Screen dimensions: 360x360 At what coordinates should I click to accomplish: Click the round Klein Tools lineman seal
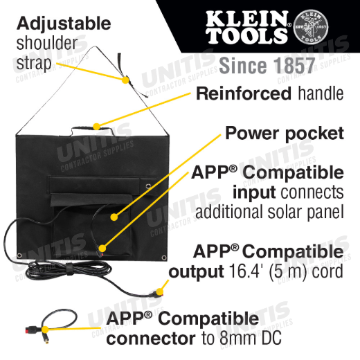point(311,27)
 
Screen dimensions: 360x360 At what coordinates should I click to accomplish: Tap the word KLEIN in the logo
point(247,19)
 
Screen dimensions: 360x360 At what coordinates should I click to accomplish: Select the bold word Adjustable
point(64,24)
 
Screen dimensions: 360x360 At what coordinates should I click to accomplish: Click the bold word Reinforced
point(244,93)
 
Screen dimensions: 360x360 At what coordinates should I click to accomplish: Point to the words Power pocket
point(285,134)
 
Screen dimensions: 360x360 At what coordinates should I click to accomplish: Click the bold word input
point(254,192)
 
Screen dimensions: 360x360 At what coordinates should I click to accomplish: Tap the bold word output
point(196,272)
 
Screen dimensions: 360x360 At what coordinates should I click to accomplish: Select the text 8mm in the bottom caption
point(237,338)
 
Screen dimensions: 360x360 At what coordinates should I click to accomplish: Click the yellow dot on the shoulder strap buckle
point(125,80)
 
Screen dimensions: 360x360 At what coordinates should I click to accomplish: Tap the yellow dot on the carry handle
point(97,127)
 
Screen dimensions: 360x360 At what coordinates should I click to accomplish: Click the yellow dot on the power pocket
point(114,217)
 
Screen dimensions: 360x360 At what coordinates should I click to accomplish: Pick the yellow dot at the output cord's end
point(159,291)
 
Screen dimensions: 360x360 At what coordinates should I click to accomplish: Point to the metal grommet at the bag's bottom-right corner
point(164,258)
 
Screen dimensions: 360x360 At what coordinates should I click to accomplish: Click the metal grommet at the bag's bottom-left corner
point(19,255)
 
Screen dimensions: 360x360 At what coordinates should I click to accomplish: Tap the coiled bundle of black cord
point(69,271)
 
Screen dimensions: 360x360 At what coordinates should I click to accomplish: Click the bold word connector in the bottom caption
point(151,339)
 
